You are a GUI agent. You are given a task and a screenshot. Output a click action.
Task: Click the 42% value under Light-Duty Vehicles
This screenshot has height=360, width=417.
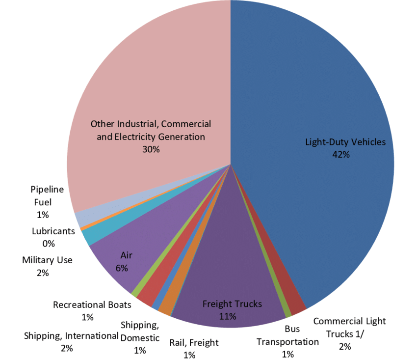341,154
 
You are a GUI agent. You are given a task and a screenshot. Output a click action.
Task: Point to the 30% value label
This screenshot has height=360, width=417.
151,149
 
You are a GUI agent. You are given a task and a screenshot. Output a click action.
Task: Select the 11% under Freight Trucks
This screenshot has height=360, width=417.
228,316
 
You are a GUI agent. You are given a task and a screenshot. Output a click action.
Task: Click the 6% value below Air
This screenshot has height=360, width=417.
122,268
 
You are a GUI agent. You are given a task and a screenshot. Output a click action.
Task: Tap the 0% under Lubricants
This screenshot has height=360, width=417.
49,244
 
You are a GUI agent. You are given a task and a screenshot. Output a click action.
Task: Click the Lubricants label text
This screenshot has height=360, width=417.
53,231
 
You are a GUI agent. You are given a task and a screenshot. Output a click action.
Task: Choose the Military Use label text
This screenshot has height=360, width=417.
47,260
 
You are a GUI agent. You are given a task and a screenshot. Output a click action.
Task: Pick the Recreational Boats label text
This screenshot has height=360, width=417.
92,305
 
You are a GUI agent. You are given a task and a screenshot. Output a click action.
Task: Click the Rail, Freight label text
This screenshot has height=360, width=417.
194,342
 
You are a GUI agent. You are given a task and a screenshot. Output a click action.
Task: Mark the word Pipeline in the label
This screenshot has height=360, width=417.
47,189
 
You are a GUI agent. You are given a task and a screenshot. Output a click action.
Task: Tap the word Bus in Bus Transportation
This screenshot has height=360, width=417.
292,329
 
